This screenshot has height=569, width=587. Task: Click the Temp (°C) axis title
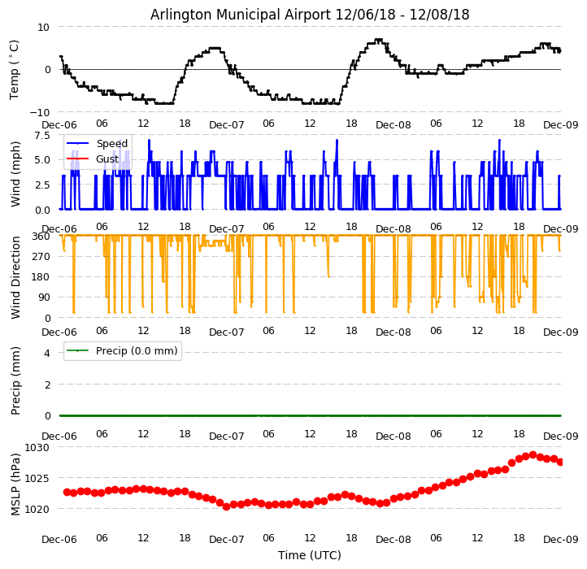[x=15, y=69]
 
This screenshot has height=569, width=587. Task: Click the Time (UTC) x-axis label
[x=310, y=555]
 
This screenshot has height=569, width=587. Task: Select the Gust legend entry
[x=107, y=159]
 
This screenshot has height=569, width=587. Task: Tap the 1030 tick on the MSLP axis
[x=37, y=447]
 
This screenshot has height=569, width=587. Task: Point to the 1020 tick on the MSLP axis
[x=37, y=509]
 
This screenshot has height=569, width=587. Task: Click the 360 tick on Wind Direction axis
[x=41, y=236]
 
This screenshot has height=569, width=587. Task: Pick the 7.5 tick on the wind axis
[x=41, y=135]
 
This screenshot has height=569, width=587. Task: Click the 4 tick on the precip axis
[x=46, y=353]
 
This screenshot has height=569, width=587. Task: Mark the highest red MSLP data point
[x=533, y=455]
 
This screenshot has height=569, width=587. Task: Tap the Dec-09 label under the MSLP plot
[x=561, y=540]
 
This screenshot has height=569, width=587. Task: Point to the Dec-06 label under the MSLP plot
[x=59, y=540]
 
